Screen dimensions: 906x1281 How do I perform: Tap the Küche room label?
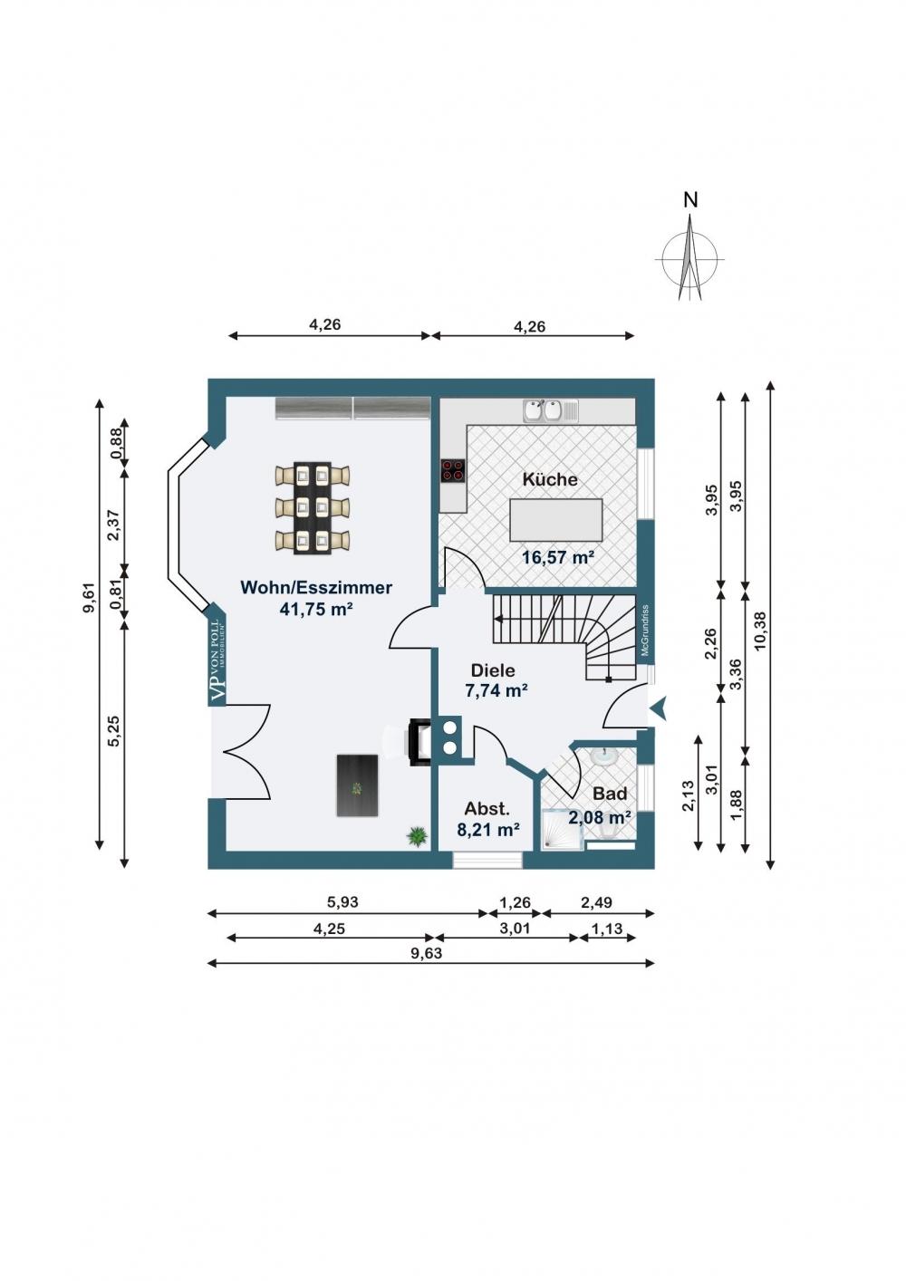click(550, 479)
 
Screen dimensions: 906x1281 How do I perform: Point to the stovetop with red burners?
click(452, 471)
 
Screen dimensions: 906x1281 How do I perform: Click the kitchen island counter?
click(556, 520)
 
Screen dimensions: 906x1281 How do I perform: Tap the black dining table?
click(313, 507)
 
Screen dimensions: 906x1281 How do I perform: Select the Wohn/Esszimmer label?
click(316, 587)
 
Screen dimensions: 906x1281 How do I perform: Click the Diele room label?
click(493, 669)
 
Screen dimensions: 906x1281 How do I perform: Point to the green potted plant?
click(418, 836)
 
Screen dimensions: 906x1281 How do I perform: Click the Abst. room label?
click(487, 809)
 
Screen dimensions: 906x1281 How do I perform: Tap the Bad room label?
click(610, 794)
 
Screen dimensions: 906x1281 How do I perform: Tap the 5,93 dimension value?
click(342, 901)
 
